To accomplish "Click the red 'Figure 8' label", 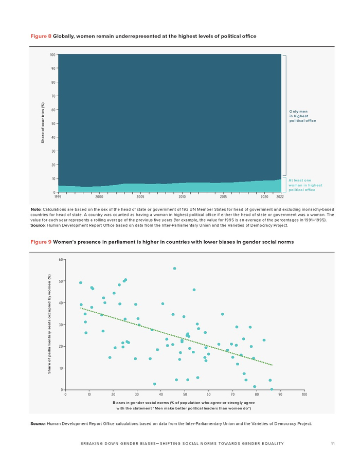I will click(x=41, y=36).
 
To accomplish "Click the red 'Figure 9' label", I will click(x=41, y=242).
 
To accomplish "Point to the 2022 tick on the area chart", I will click(x=280, y=197).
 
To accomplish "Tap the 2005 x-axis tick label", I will click(x=140, y=197).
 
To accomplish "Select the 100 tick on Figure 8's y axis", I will click(x=52, y=55).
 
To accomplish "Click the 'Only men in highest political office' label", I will click(x=302, y=116).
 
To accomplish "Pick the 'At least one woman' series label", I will click(x=305, y=185).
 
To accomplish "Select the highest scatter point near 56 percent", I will click(x=174, y=268).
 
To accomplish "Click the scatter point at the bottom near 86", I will click(x=272, y=389).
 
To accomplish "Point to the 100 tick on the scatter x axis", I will click(x=304, y=395).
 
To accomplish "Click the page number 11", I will click(x=333, y=443).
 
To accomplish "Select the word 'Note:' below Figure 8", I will click(x=36, y=209).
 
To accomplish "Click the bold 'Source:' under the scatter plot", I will click(x=38, y=424).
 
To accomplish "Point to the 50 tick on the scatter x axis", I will click(x=185, y=395).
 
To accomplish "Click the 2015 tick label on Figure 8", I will click(x=223, y=197).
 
